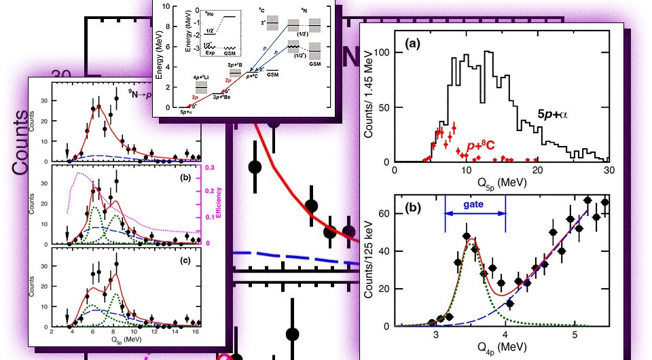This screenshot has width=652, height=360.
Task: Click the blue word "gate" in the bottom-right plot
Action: tap(475, 203)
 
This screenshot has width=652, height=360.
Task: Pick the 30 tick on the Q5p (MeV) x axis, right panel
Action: tap(609, 170)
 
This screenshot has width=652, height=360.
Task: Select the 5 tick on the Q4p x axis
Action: tap(575, 335)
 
